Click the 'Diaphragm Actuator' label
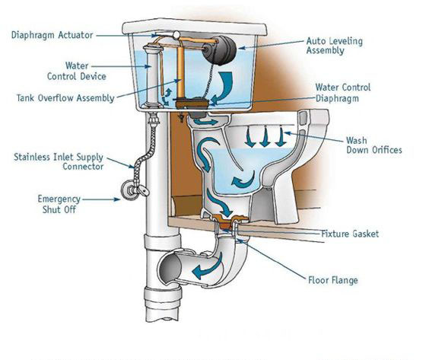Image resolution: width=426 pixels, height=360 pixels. [52, 35]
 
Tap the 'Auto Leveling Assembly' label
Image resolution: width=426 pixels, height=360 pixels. [335, 46]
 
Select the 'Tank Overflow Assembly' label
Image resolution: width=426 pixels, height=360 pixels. [65, 98]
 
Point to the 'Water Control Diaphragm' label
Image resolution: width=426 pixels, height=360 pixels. [343, 93]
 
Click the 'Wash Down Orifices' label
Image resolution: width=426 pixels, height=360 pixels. [374, 145]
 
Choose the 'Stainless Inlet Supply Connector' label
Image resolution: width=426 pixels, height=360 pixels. [59, 161]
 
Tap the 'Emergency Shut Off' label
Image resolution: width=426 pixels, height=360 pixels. [59, 204]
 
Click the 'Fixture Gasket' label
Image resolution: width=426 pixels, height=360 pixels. [350, 234]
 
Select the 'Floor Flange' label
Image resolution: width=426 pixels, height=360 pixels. [333, 280]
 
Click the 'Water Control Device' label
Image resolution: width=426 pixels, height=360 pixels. [77, 71]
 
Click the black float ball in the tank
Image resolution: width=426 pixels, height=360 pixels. [220, 50]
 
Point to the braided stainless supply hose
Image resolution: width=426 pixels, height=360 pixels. [144, 152]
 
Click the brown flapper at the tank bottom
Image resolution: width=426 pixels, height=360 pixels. [192, 104]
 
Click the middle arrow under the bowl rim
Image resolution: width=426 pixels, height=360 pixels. [265, 138]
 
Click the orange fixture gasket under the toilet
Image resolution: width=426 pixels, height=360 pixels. [226, 221]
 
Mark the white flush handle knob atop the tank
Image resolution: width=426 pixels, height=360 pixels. [176, 34]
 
